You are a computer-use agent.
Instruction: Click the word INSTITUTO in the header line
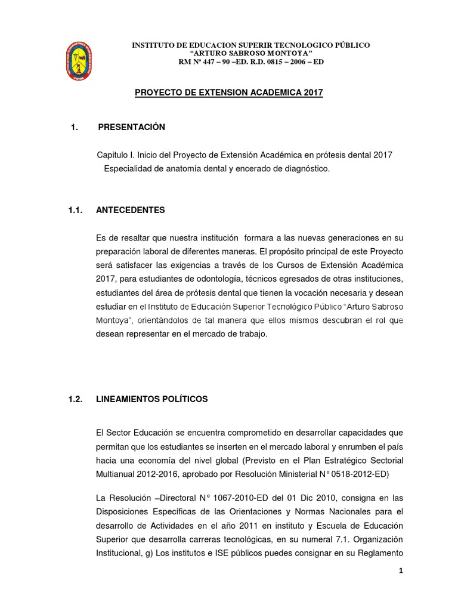click(153, 45)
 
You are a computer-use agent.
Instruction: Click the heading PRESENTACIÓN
click(131, 127)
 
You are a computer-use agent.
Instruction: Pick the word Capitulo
click(113, 155)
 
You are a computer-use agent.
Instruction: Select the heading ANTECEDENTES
click(131, 210)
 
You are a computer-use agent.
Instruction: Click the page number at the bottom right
click(401, 570)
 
